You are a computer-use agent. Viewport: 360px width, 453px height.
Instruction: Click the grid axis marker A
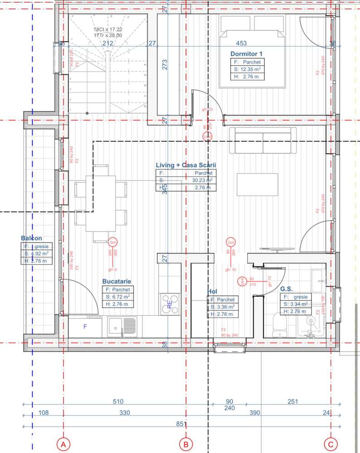click(x=63, y=444)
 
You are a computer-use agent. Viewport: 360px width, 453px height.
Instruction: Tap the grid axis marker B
click(x=185, y=444)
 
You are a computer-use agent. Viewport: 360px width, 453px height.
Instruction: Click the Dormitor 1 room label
click(x=246, y=53)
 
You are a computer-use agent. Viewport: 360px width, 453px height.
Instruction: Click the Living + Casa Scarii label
click(x=185, y=165)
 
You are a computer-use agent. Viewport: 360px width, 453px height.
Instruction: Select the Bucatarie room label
click(x=117, y=281)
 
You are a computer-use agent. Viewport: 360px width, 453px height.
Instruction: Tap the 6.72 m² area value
click(x=121, y=297)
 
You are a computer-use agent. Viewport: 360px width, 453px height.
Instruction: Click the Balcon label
click(x=31, y=238)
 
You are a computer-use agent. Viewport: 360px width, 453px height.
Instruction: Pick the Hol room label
click(x=212, y=291)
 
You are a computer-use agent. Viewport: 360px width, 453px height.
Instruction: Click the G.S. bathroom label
click(x=287, y=288)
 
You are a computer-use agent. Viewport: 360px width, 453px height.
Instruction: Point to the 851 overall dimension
click(x=181, y=424)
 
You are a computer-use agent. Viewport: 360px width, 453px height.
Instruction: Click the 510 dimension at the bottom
click(x=118, y=401)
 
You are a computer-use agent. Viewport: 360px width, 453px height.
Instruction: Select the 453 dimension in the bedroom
click(x=242, y=43)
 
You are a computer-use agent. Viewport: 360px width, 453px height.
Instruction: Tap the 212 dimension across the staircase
click(x=107, y=43)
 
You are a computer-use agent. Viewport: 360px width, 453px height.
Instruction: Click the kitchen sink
click(x=122, y=326)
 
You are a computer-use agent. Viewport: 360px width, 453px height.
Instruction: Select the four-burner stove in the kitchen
click(x=170, y=304)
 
